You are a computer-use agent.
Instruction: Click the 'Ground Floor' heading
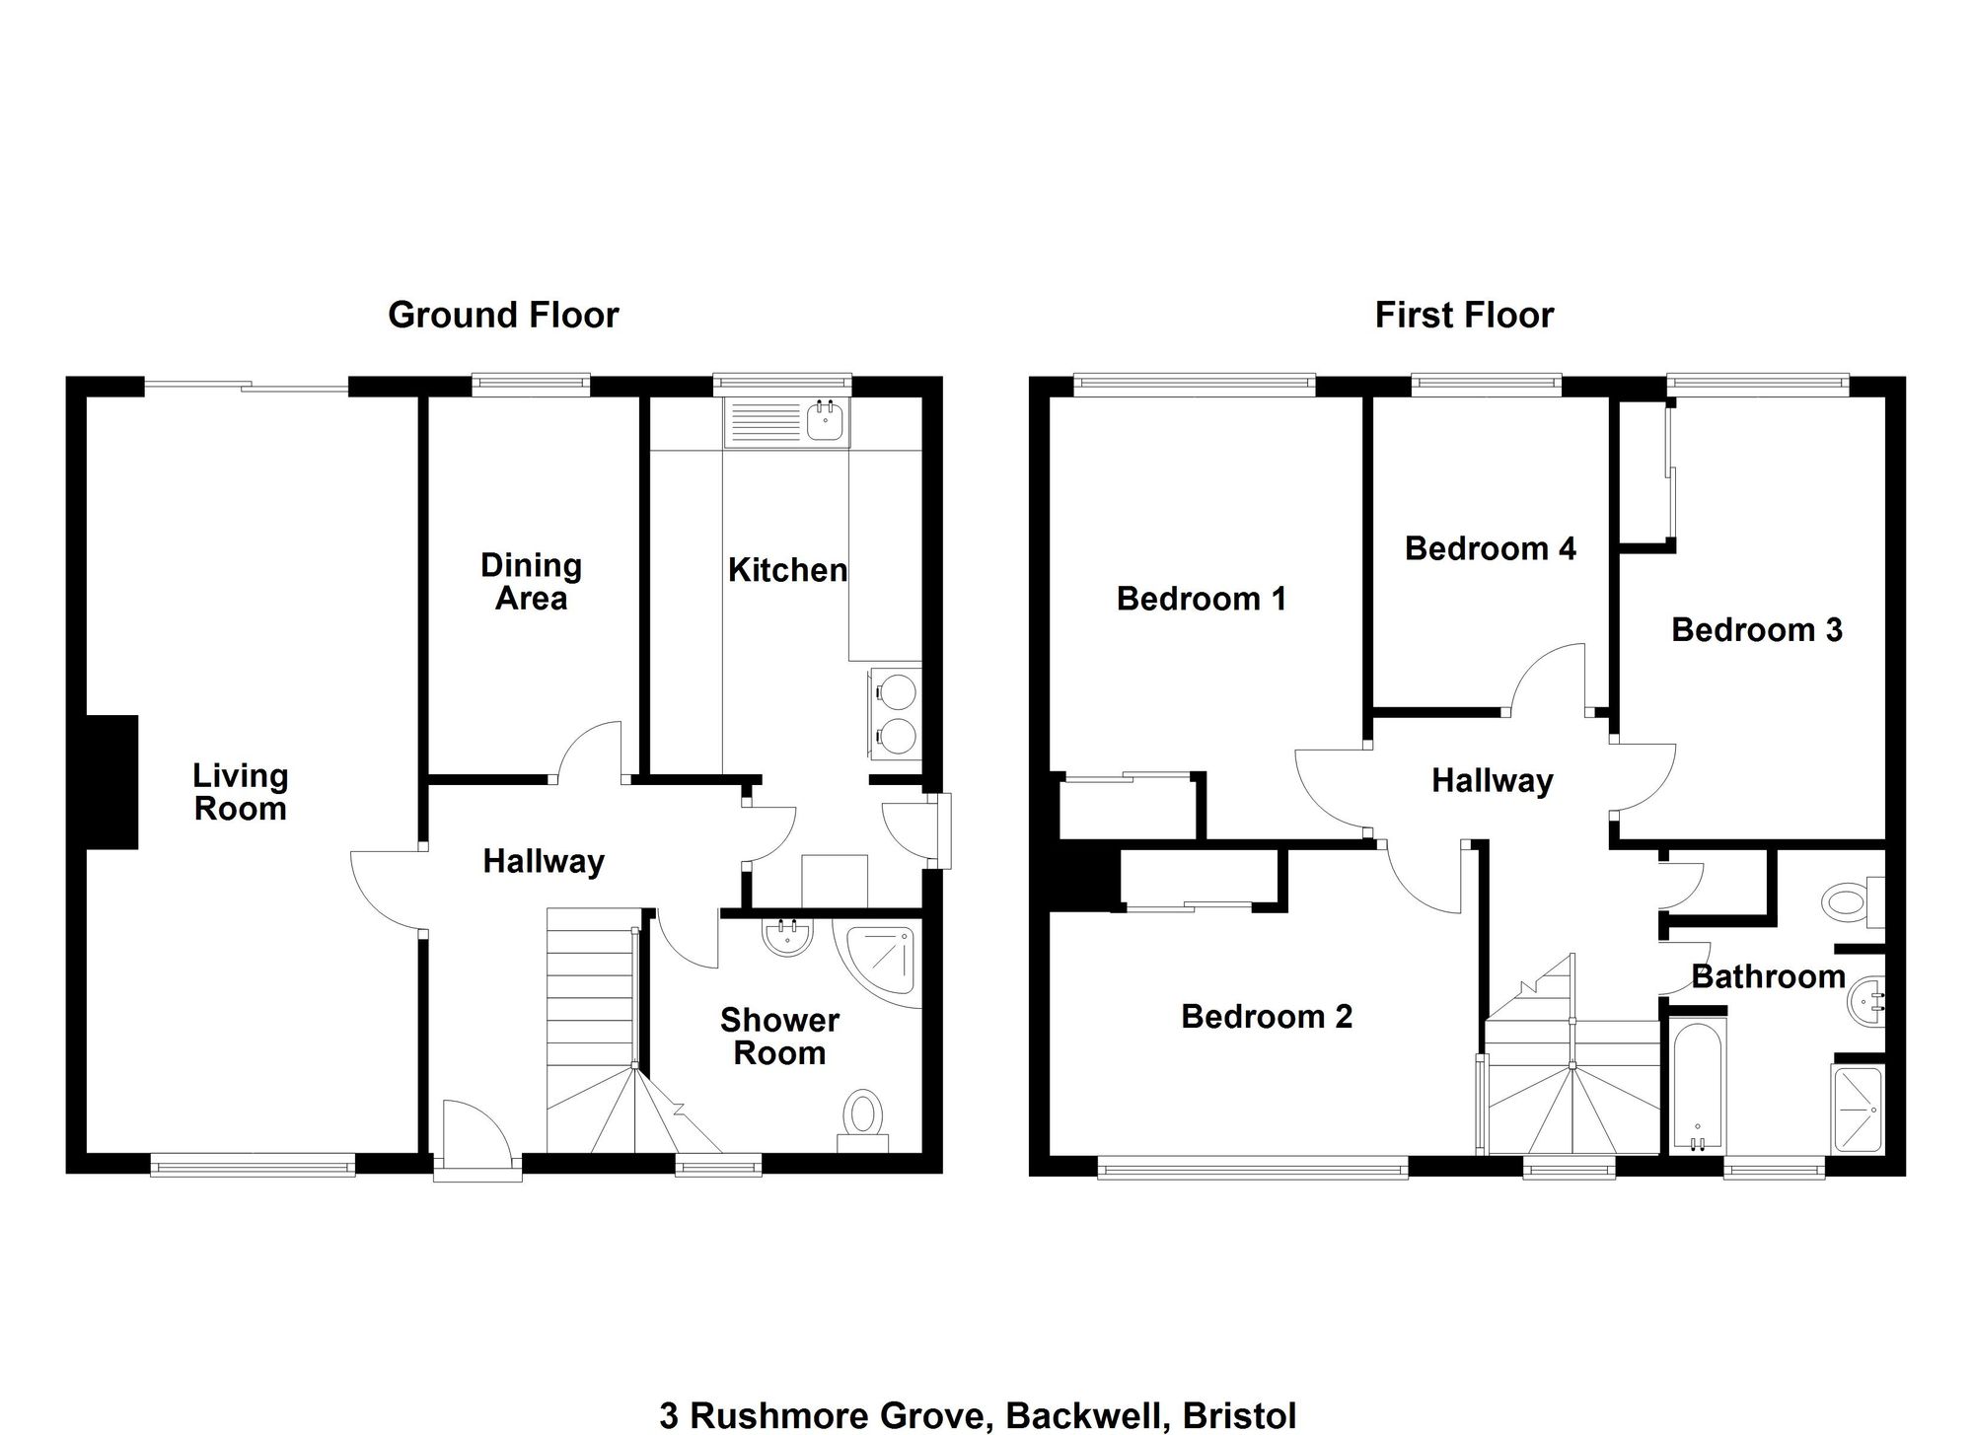(503, 316)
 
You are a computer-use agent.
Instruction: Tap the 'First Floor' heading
(1464, 316)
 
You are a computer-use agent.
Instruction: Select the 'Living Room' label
(241, 792)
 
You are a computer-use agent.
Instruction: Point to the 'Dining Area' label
(531, 582)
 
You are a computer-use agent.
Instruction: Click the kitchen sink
(786, 423)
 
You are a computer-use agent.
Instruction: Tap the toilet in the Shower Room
(864, 1122)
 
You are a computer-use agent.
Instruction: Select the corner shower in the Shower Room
(877, 962)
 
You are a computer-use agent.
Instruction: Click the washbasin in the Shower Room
(787, 937)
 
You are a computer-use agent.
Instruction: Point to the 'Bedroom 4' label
(1490, 548)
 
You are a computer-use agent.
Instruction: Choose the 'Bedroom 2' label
(1267, 1016)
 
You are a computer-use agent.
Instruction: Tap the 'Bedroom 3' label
(1757, 630)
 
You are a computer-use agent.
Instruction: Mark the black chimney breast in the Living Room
(111, 782)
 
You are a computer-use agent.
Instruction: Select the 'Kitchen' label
(787, 570)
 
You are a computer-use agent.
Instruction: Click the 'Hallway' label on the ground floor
(544, 862)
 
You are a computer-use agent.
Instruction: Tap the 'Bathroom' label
(1768, 977)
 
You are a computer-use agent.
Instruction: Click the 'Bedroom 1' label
(1202, 599)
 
